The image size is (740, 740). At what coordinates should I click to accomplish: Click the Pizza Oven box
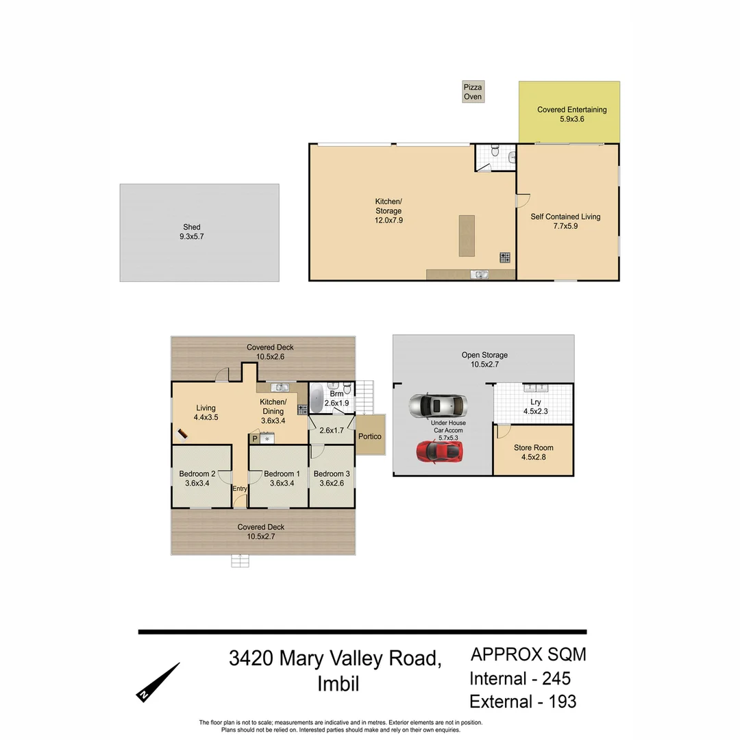(x=473, y=92)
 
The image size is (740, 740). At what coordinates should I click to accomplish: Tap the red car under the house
(x=439, y=451)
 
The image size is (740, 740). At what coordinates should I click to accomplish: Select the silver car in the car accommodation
(x=438, y=406)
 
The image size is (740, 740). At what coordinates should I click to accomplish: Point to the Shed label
(x=192, y=232)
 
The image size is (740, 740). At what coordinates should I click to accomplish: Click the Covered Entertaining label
(x=571, y=114)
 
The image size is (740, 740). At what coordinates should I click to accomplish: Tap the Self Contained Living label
(x=565, y=221)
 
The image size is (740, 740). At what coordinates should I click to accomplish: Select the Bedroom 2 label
(x=197, y=478)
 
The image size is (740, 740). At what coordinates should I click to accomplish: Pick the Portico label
(x=370, y=436)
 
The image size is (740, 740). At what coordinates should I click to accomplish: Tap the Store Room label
(x=534, y=452)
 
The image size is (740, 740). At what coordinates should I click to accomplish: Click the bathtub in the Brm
(x=317, y=398)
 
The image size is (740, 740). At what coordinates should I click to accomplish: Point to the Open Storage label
(x=484, y=360)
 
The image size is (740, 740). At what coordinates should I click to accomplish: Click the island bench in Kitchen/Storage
(x=467, y=236)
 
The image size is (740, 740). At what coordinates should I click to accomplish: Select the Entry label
(x=240, y=489)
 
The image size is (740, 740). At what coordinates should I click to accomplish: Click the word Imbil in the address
(x=338, y=684)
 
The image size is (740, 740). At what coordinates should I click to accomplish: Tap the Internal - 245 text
(x=520, y=679)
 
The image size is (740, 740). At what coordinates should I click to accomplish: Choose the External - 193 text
(x=523, y=702)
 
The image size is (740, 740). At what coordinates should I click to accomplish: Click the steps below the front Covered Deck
(x=240, y=561)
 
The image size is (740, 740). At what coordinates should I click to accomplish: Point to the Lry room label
(x=535, y=407)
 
